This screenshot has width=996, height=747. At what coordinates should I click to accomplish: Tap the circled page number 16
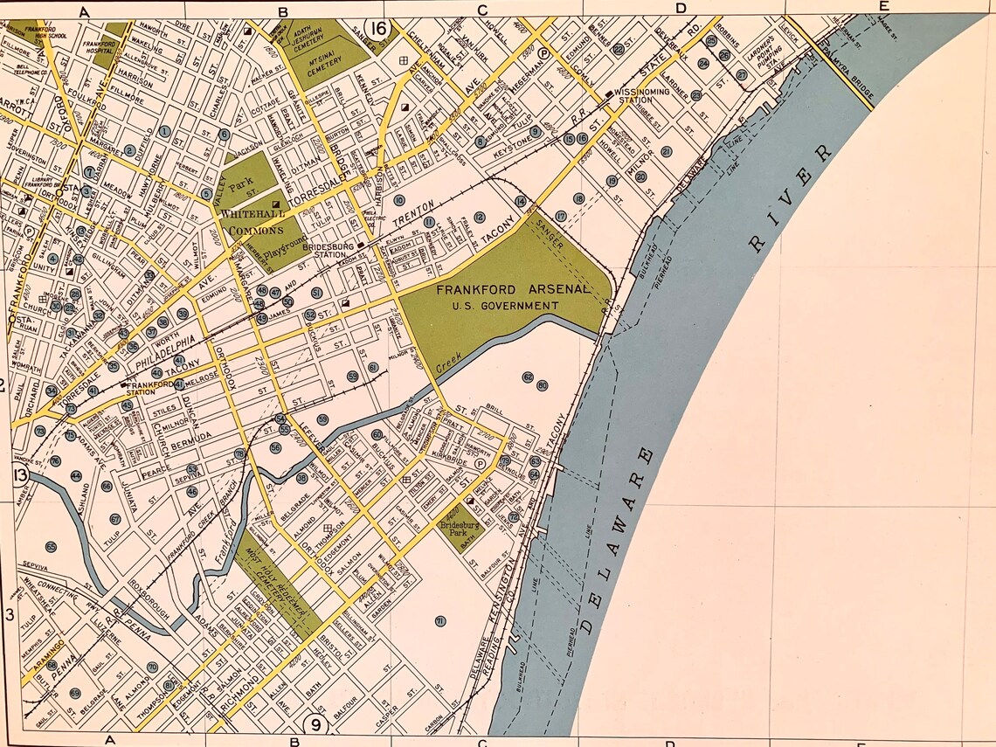coord(378,30)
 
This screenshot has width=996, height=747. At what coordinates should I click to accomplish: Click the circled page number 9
coord(316,724)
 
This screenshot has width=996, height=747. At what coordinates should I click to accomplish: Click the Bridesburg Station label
coord(326,250)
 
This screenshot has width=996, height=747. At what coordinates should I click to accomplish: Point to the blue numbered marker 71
coord(440,621)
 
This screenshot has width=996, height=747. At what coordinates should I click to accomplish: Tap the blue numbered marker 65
coord(51,547)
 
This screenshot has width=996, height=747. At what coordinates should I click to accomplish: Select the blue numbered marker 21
coord(667,151)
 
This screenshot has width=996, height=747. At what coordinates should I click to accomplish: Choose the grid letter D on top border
coord(680,8)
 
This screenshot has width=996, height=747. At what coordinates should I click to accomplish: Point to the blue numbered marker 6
coord(225,135)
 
